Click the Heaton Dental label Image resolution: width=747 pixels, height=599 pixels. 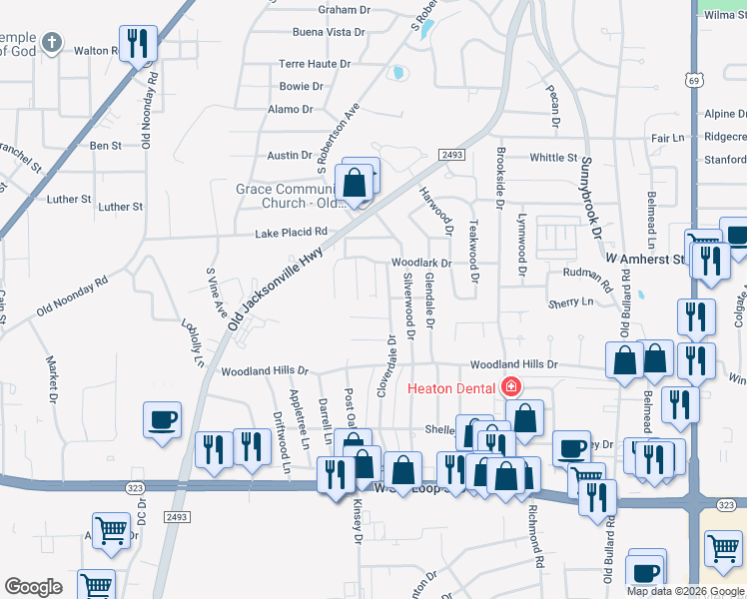[x=454, y=386]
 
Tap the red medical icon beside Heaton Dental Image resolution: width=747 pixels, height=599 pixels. [x=511, y=386]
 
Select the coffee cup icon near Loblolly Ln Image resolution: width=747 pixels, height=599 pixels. [x=162, y=419]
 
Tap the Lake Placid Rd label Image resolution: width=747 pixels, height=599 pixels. [x=292, y=232]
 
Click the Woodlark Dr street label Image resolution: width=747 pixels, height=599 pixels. [x=421, y=264]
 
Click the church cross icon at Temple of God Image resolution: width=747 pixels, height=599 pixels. [x=54, y=43]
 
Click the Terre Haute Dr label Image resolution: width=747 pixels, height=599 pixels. [x=315, y=63]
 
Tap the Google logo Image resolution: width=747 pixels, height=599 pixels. [x=33, y=587]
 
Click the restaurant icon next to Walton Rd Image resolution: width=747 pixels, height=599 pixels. [x=138, y=43]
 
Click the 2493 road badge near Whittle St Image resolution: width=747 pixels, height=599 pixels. [x=449, y=154]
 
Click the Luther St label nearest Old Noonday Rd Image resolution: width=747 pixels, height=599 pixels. [x=121, y=207]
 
